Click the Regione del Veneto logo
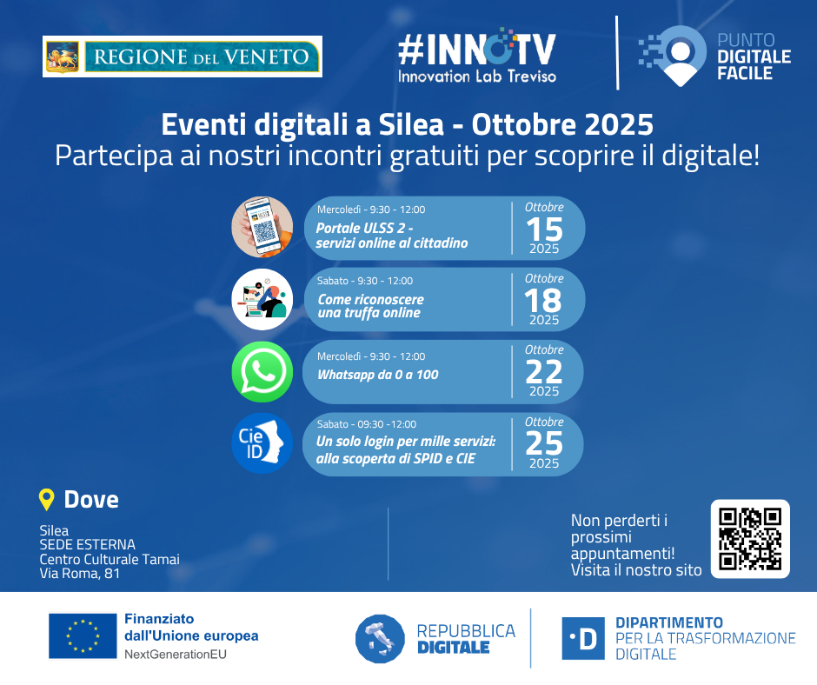(x=183, y=57)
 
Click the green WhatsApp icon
(x=262, y=372)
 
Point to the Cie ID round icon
(x=262, y=443)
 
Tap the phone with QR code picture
(x=262, y=227)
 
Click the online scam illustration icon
(x=262, y=299)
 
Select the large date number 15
(x=544, y=229)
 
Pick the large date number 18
(x=543, y=301)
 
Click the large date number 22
(x=544, y=372)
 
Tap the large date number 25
(x=544, y=444)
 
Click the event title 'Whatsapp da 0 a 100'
(x=378, y=375)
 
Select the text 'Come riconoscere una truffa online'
(x=370, y=306)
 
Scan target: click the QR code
(x=750, y=539)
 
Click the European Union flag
(x=83, y=636)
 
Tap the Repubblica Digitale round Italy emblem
(x=381, y=639)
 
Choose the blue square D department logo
(x=583, y=639)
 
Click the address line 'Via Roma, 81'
(x=80, y=574)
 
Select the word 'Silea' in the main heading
(x=411, y=124)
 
